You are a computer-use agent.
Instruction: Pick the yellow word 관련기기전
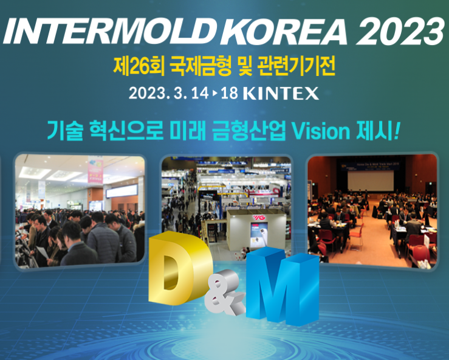coord(296,66)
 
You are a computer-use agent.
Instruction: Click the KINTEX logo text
coord(281,94)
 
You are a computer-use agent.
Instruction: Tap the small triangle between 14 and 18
coord(214,93)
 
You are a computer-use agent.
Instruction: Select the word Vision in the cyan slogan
coord(321,131)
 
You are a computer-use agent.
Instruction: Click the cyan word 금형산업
coord(249,131)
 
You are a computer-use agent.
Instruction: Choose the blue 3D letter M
coord(283,286)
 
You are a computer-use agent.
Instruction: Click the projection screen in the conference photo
coord(371,181)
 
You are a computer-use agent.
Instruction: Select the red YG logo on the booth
coord(259,218)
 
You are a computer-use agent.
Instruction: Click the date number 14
coord(200,93)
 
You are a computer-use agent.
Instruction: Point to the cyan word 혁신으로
coord(126,131)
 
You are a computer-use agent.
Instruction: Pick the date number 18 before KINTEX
coord(230,93)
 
